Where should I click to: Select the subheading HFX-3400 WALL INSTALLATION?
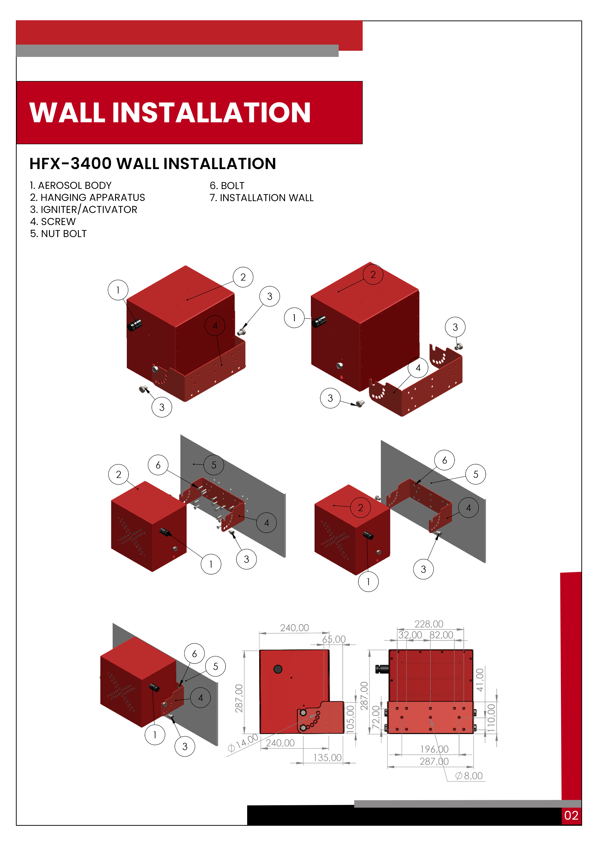click(153, 164)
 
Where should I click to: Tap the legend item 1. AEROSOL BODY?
click(71, 185)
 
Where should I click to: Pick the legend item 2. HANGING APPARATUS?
click(87, 198)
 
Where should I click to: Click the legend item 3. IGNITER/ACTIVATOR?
click(84, 210)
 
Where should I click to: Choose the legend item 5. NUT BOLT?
click(58, 234)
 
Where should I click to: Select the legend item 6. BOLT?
click(227, 186)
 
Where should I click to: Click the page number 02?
click(571, 815)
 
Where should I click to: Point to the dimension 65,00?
click(334, 639)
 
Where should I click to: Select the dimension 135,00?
click(327, 757)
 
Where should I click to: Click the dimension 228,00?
click(429, 624)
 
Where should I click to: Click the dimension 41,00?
click(480, 680)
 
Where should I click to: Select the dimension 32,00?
click(410, 635)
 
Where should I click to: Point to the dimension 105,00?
click(350, 718)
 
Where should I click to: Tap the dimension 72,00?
click(375, 717)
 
